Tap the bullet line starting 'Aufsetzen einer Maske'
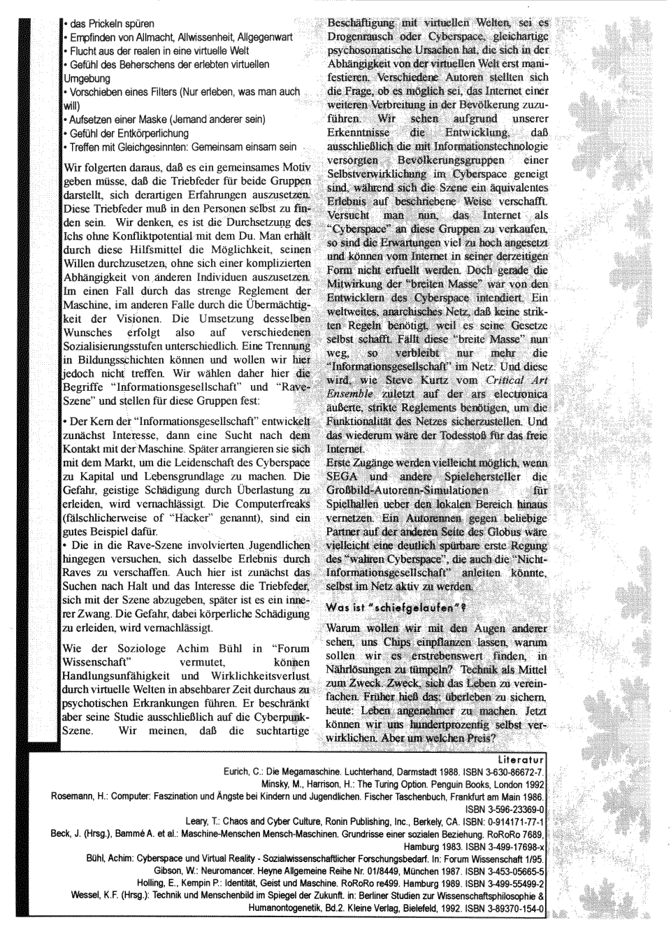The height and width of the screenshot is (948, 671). [166, 119]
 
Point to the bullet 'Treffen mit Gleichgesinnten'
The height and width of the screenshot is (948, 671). [180, 147]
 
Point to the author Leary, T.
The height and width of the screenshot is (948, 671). [199, 821]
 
